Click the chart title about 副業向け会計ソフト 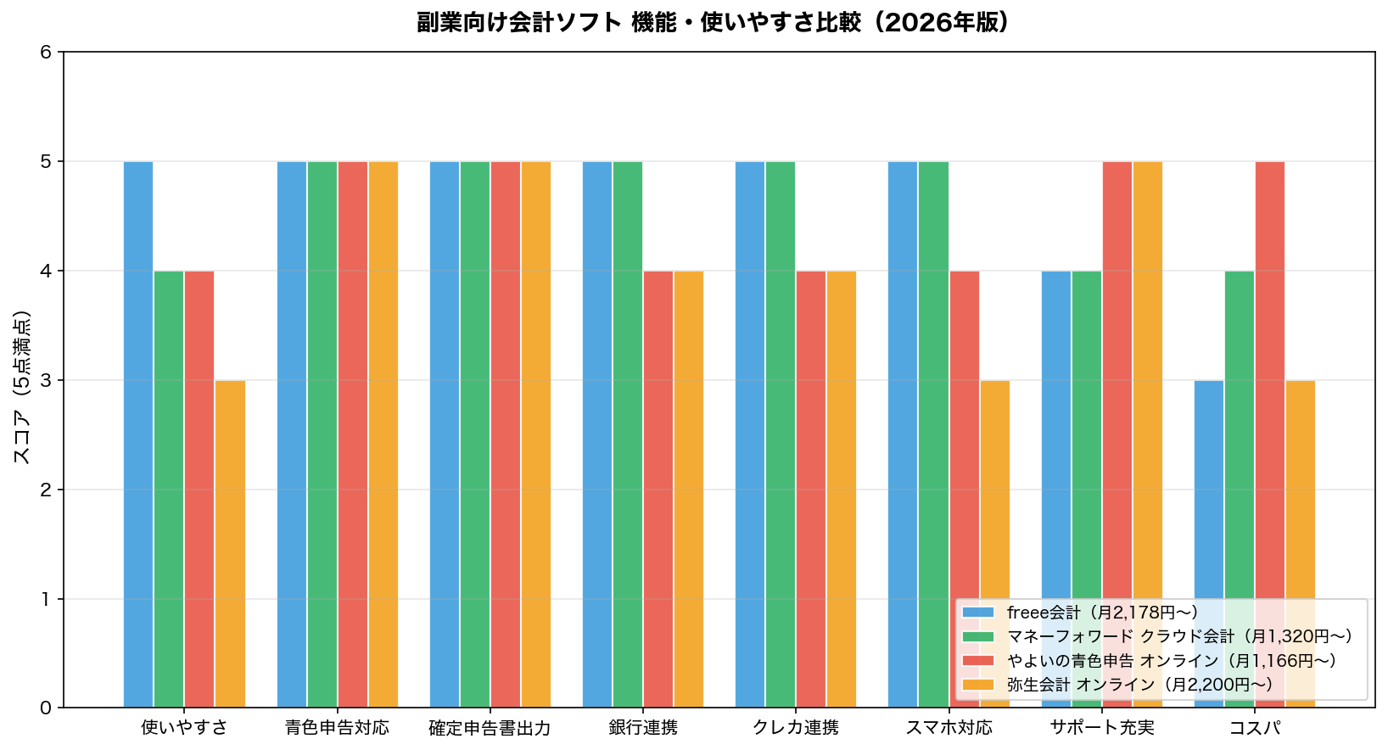click(714, 22)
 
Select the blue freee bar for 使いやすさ click(138, 434)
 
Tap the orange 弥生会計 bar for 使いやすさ click(230, 543)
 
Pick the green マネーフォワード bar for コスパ click(1240, 433)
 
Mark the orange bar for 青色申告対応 click(383, 434)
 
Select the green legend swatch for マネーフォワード click(978, 636)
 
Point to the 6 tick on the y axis click(46, 52)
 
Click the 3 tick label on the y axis click(46, 380)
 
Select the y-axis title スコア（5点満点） click(23, 386)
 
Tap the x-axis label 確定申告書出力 click(490, 728)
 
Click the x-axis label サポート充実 click(1101, 728)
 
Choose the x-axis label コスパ click(1255, 728)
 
